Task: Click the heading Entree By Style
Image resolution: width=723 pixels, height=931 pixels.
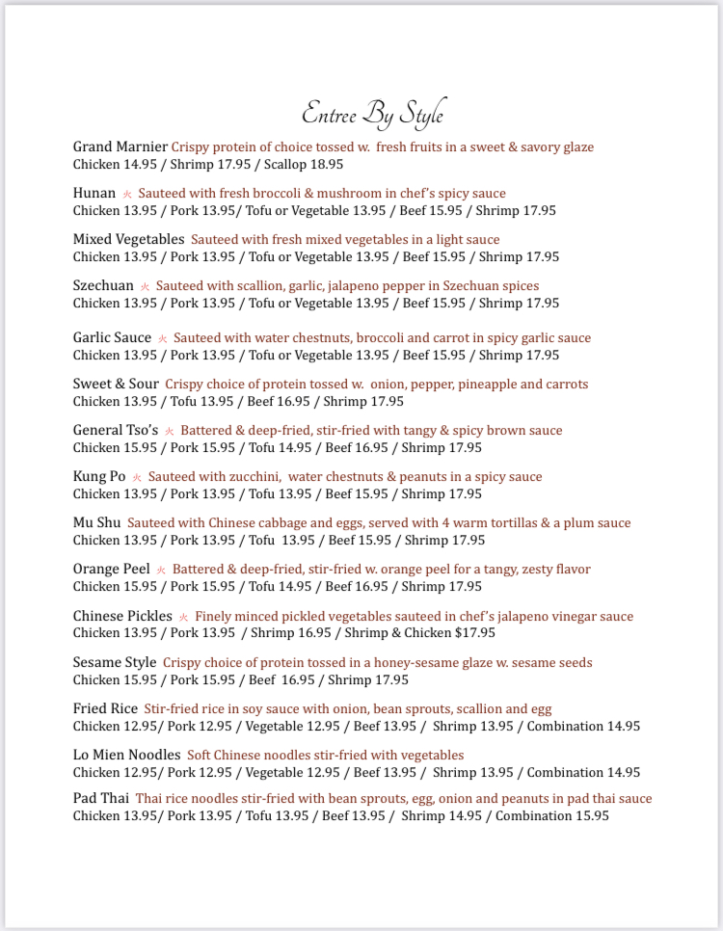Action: click(x=373, y=114)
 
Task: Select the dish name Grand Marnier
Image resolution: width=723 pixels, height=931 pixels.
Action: click(x=120, y=146)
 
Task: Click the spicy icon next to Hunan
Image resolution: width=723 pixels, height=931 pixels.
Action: click(x=127, y=194)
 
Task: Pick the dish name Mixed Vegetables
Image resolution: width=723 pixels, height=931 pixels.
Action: click(x=128, y=239)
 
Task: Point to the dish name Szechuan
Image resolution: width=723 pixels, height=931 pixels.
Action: click(x=103, y=285)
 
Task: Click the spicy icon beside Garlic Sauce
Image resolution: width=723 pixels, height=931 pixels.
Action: click(x=163, y=338)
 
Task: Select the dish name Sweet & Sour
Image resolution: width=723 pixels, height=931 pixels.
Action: click(x=116, y=384)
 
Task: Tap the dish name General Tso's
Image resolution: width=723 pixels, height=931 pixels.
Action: click(x=116, y=430)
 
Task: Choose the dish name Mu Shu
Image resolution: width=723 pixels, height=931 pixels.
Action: click(x=96, y=522)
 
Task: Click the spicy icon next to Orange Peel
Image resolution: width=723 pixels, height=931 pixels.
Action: click(x=161, y=570)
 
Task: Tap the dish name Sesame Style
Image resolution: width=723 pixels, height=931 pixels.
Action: click(x=115, y=662)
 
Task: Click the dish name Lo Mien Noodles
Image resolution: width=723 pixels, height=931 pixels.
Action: click(x=126, y=755)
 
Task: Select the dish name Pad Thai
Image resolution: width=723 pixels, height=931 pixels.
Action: click(x=100, y=798)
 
